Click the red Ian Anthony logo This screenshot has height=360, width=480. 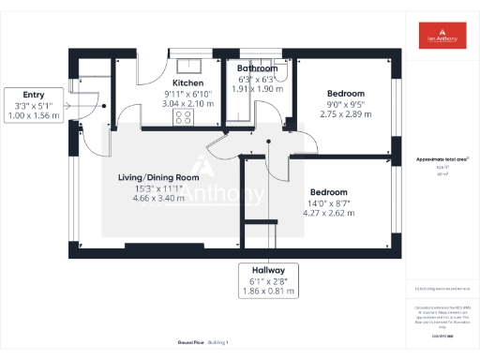pyautogui.click(x=441, y=36)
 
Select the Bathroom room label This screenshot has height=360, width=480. pyautogui.click(x=257, y=69)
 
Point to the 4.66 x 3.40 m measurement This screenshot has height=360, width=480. pyautogui.click(x=159, y=198)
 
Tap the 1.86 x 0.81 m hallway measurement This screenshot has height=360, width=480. pyautogui.click(x=267, y=292)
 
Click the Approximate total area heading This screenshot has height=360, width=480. pyautogui.click(x=441, y=160)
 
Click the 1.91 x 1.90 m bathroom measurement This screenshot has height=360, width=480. pyautogui.click(x=257, y=89)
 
